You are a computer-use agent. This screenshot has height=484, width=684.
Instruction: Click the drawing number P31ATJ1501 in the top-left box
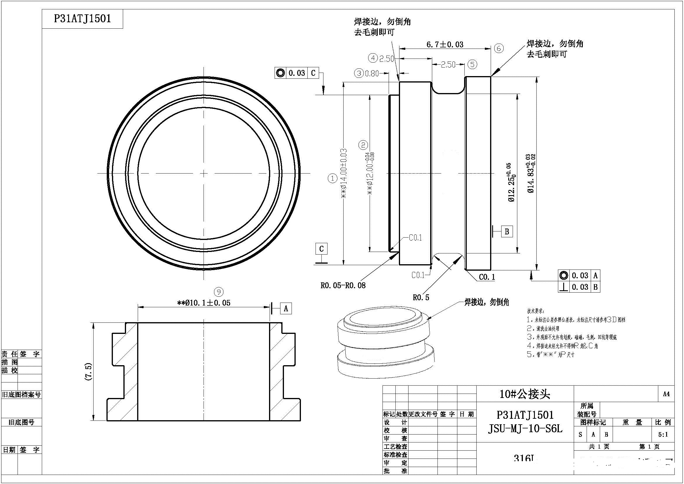click(82, 19)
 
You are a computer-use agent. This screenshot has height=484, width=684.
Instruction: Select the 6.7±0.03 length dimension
click(445, 45)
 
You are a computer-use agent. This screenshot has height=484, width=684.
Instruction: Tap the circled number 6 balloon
click(499, 48)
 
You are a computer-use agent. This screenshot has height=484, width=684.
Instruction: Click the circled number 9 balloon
click(219, 292)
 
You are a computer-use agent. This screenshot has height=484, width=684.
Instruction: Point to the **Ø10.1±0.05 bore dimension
click(204, 303)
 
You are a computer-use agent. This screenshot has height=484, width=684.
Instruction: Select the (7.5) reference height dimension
click(89, 372)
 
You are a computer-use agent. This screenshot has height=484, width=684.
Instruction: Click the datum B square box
click(507, 231)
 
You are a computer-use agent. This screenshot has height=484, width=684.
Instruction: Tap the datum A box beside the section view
click(286, 308)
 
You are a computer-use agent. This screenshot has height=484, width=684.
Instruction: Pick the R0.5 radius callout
click(421, 297)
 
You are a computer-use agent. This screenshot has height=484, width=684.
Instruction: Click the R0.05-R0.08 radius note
click(343, 286)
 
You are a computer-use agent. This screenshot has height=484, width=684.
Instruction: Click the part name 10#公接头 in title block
click(525, 394)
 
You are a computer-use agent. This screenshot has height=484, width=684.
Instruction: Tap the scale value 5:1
click(663, 435)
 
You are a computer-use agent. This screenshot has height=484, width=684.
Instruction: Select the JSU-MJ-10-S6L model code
click(525, 429)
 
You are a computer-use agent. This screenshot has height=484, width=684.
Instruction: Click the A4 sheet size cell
click(666, 394)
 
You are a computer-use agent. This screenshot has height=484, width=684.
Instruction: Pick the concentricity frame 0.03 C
click(297, 73)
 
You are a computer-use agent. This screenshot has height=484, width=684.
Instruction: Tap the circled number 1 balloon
click(332, 179)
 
